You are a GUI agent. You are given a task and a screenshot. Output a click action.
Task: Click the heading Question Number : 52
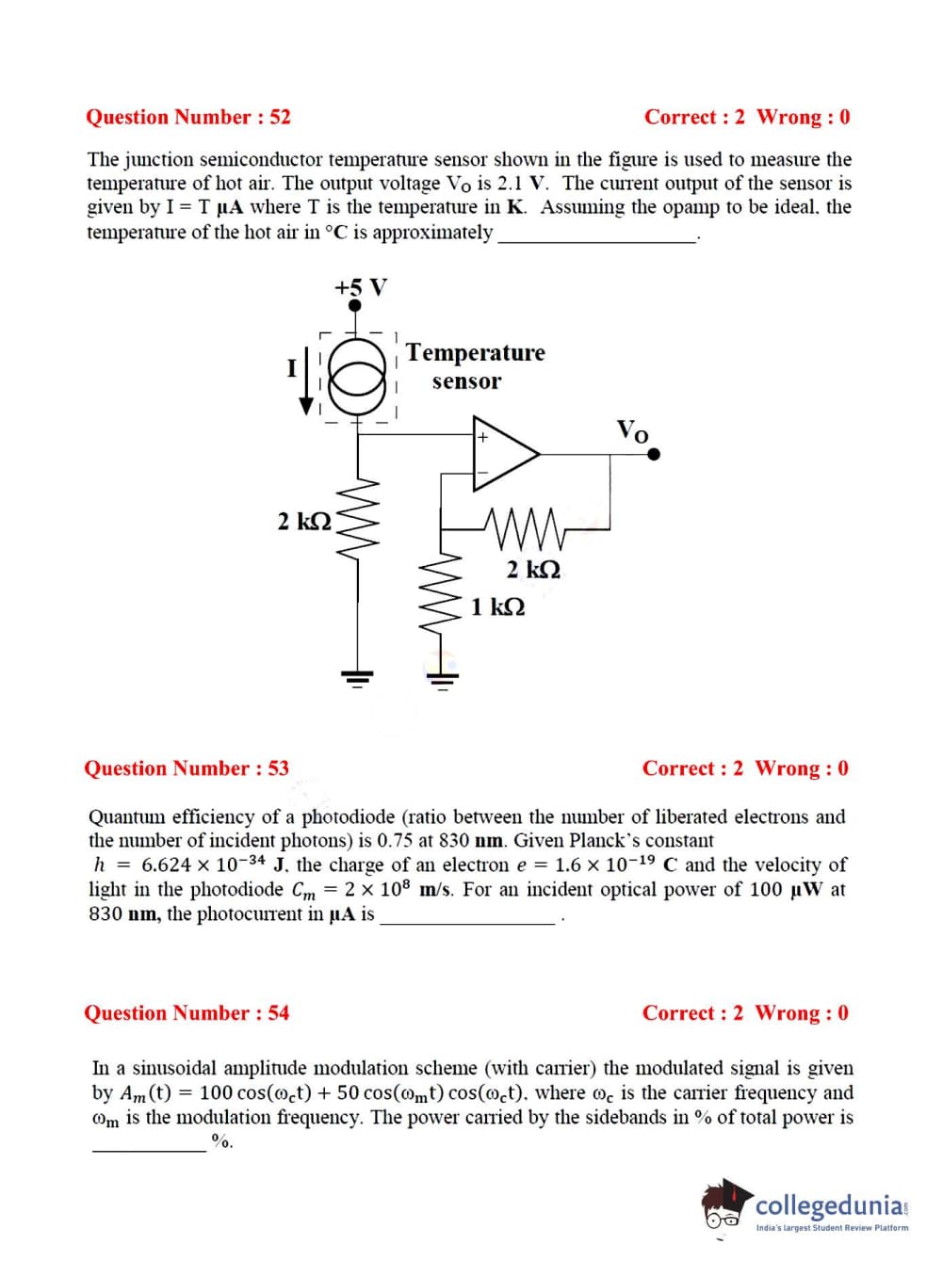point(187,117)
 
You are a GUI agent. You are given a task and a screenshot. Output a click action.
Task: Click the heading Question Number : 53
point(187,768)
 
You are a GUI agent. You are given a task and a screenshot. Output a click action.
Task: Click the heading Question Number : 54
point(187,1013)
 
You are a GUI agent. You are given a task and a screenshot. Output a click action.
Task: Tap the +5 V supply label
point(361,286)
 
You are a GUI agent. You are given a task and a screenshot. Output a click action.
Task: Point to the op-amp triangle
point(504,454)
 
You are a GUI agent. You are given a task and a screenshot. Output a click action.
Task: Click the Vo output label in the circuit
point(632,431)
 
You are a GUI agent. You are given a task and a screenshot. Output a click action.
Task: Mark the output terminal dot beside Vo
point(654,454)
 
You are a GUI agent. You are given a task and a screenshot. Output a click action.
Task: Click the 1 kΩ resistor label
point(498,606)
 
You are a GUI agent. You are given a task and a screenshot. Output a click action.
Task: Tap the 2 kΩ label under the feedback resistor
point(533,570)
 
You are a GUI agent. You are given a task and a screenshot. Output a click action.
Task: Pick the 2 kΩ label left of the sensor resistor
point(304,521)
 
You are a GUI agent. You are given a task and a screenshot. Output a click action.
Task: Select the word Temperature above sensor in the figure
point(476,353)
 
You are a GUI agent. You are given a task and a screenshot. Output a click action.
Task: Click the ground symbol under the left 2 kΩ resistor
point(358,675)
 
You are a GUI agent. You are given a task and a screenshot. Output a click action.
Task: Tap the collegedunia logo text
point(829,1206)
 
